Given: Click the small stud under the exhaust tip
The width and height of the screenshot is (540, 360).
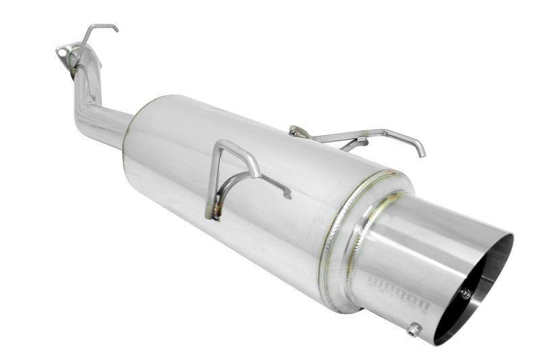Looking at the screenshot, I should pos(414,329).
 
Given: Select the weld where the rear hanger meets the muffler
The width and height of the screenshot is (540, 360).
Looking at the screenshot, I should pos(295,130).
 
